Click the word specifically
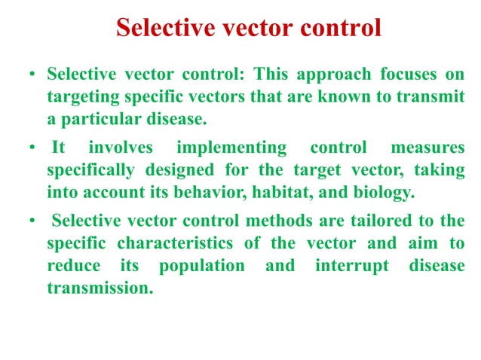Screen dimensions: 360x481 89,169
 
